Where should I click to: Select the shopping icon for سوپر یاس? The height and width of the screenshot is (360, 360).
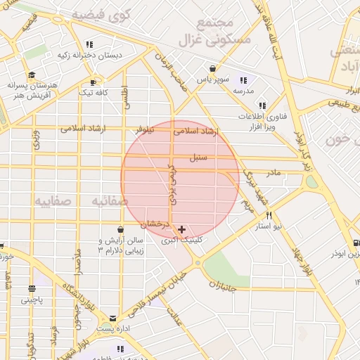coord(212,69)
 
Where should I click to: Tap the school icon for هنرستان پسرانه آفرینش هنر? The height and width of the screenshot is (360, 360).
coord(31,75)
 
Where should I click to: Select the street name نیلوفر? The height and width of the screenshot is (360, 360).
coord(147,130)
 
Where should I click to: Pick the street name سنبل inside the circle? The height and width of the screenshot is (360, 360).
coord(198,157)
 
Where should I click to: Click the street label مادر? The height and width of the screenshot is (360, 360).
coord(273,172)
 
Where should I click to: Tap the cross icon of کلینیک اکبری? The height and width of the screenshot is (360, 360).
coord(182,229)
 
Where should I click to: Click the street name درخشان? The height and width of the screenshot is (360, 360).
coord(155,224)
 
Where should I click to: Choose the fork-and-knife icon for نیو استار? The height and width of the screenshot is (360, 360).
coord(269,215)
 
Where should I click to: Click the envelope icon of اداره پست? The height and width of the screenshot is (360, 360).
coord(112,319)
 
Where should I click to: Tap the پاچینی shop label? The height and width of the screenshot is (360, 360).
coord(32,300)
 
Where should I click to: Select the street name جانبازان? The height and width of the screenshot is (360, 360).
coord(229,285)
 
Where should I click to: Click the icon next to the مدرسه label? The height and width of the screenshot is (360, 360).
coord(244,80)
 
